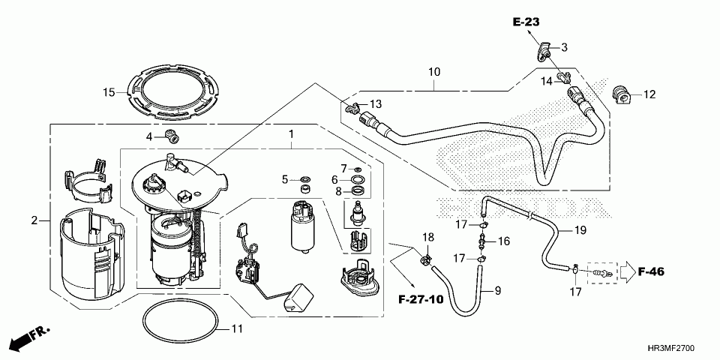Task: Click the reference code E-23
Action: pos(526,22)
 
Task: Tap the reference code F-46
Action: pos(652,271)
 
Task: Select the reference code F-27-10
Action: pos(421,298)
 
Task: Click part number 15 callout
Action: pos(109,92)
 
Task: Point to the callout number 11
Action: pos(236,328)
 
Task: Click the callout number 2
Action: pos(34,220)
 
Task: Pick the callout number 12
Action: pos(649,94)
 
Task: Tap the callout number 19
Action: pos(580,230)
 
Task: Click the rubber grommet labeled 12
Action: pos(620,94)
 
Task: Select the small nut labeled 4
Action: pos(175,136)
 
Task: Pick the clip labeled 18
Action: pos(425,259)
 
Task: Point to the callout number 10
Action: pos(433,73)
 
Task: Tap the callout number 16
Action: pos(503,241)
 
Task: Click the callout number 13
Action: pos(375,103)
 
